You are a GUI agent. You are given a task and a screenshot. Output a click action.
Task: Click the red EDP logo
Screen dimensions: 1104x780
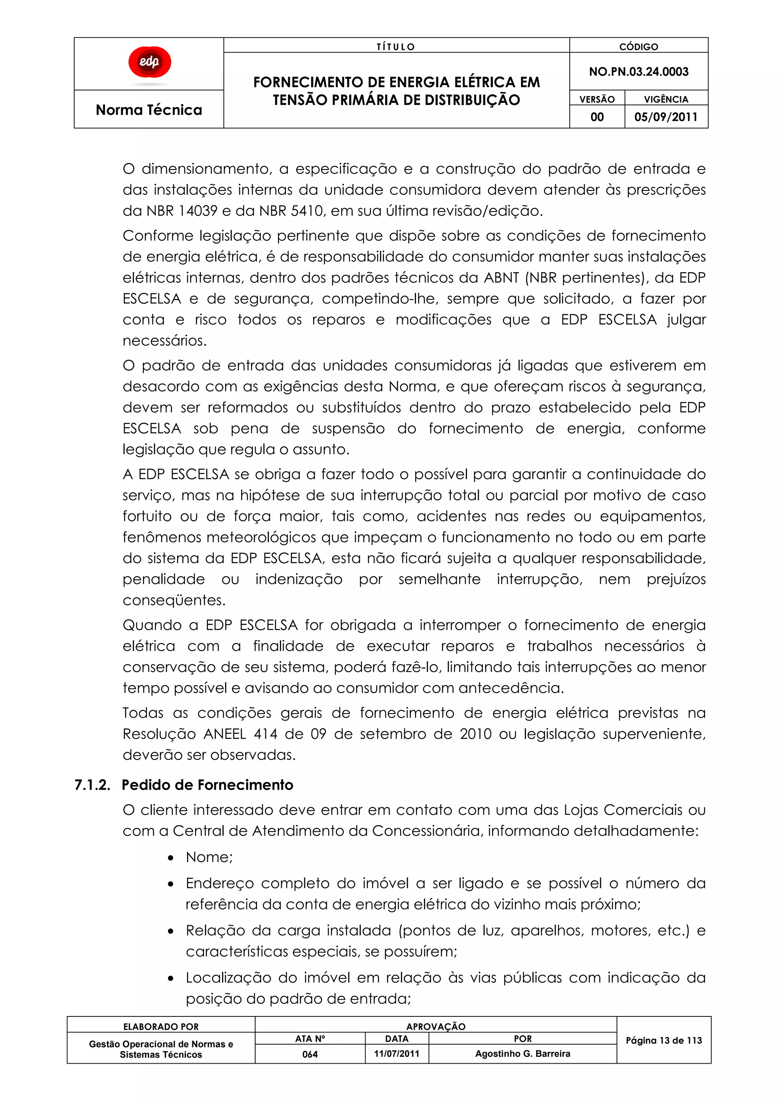pyautogui.click(x=149, y=62)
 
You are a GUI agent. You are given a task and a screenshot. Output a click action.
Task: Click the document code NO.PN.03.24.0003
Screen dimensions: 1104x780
pyautogui.click(x=638, y=72)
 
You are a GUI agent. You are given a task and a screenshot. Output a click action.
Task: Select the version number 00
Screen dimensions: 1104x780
pyautogui.click(x=597, y=117)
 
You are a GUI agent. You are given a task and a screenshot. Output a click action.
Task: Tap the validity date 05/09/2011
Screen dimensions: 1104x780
pyautogui.click(x=666, y=117)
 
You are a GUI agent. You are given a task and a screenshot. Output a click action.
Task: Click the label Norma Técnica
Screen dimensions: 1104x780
pyautogui.click(x=149, y=110)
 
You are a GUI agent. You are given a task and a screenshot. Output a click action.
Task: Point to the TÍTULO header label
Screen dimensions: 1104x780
pyautogui.click(x=396, y=46)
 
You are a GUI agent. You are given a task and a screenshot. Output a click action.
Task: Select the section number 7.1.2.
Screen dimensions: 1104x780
pyautogui.click(x=92, y=785)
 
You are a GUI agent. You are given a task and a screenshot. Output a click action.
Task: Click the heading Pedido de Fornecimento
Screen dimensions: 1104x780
pyautogui.click(x=207, y=785)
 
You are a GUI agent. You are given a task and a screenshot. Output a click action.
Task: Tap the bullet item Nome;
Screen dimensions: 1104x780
pyautogui.click(x=209, y=857)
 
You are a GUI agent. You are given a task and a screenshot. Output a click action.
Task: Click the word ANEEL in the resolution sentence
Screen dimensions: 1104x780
pyautogui.click(x=224, y=734)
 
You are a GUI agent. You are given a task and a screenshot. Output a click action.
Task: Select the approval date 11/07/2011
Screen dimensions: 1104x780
pyautogui.click(x=396, y=1053)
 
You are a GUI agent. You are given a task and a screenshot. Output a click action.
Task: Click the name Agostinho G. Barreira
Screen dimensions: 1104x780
pyautogui.click(x=523, y=1053)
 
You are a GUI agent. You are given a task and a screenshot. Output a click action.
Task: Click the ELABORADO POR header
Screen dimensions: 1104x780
pyautogui.click(x=161, y=1027)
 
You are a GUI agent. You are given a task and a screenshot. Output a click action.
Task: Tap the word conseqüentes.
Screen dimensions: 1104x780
pyautogui.click(x=174, y=600)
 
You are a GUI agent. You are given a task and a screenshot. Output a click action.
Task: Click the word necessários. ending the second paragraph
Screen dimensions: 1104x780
pyautogui.click(x=165, y=341)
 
